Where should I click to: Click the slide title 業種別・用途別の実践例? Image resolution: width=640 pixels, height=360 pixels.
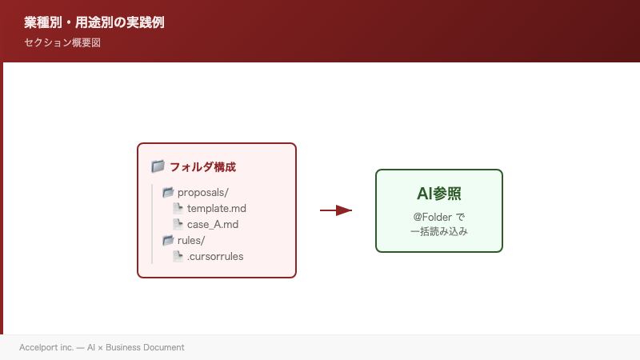pyautogui.click(x=94, y=22)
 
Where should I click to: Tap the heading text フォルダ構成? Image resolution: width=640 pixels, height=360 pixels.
pyautogui.click(x=202, y=167)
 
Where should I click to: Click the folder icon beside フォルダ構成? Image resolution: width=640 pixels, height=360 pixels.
pyautogui.click(x=158, y=166)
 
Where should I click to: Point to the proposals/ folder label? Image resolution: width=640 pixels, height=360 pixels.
pyautogui.click(x=203, y=192)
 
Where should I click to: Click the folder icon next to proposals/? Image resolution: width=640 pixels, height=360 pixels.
pyautogui.click(x=168, y=192)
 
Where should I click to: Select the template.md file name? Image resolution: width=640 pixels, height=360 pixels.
pyautogui.click(x=217, y=208)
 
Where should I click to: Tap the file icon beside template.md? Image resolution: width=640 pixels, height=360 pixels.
pyautogui.click(x=178, y=208)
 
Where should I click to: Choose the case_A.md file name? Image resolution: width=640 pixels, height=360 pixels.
pyautogui.click(x=213, y=224)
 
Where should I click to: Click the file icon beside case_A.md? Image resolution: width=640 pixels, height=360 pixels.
pyautogui.click(x=178, y=224)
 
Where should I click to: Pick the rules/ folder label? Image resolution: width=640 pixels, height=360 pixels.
pyautogui.click(x=191, y=240)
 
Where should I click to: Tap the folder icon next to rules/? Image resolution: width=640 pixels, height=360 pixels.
pyautogui.click(x=168, y=240)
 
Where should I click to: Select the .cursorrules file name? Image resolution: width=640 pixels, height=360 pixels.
pyautogui.click(x=215, y=257)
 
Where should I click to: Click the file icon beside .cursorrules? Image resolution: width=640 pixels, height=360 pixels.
pyautogui.click(x=178, y=256)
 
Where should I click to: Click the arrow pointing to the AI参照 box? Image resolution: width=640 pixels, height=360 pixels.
pyautogui.click(x=336, y=210)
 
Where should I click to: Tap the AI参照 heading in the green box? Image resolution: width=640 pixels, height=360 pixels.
pyautogui.click(x=439, y=194)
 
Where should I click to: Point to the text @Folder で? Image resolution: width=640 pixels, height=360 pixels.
pyautogui.click(x=439, y=217)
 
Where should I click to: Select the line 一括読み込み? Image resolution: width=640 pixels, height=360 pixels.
pyautogui.click(x=439, y=231)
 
